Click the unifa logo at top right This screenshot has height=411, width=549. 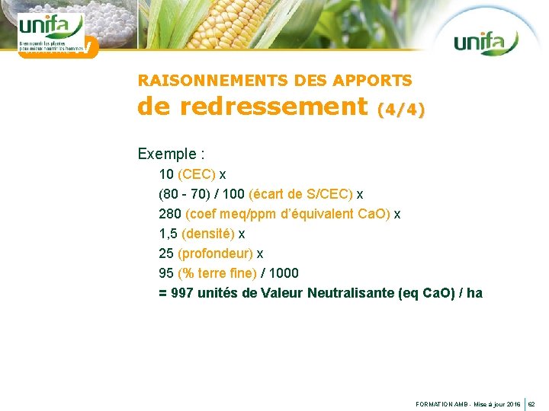pyautogui.click(x=486, y=42)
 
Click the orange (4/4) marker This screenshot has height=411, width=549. pyautogui.click(x=401, y=110)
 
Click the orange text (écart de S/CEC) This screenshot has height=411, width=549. pyautogui.click(x=301, y=194)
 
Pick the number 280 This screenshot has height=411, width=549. pyautogui.click(x=170, y=214)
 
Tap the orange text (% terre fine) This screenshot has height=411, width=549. pyautogui.click(x=217, y=273)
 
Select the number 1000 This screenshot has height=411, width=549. pyautogui.click(x=284, y=273)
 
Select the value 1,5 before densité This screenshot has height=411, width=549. pyautogui.click(x=169, y=234)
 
